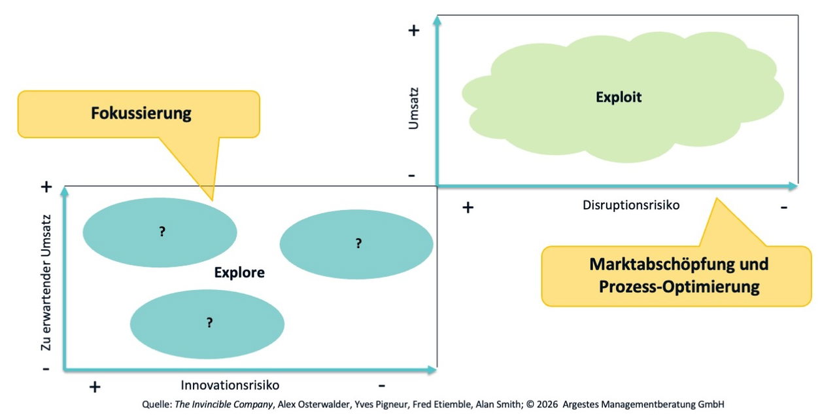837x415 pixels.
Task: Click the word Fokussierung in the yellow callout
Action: (141, 113)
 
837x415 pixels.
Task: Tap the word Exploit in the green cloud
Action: (619, 98)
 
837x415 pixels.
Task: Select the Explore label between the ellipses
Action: (239, 272)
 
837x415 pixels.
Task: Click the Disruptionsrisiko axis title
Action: (631, 205)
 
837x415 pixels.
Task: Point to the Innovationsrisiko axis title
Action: (230, 385)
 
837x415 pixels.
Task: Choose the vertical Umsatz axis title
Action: (413, 109)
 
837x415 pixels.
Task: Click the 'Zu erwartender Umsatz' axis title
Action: (46, 283)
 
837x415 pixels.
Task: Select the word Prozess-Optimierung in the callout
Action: (679, 287)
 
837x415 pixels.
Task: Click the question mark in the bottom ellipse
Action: (210, 322)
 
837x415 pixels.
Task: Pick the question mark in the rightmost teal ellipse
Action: (359, 244)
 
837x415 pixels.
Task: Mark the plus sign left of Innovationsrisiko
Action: (95, 387)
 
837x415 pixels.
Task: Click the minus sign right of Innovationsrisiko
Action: (381, 386)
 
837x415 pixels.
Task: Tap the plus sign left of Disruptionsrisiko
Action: (468, 207)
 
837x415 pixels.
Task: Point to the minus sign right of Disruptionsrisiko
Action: (784, 207)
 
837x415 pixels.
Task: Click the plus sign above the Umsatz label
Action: (414, 30)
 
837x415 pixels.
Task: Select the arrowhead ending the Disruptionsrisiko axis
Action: (793, 186)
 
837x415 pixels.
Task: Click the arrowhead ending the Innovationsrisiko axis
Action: (432, 370)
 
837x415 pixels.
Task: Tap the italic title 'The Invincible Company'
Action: (224, 404)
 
